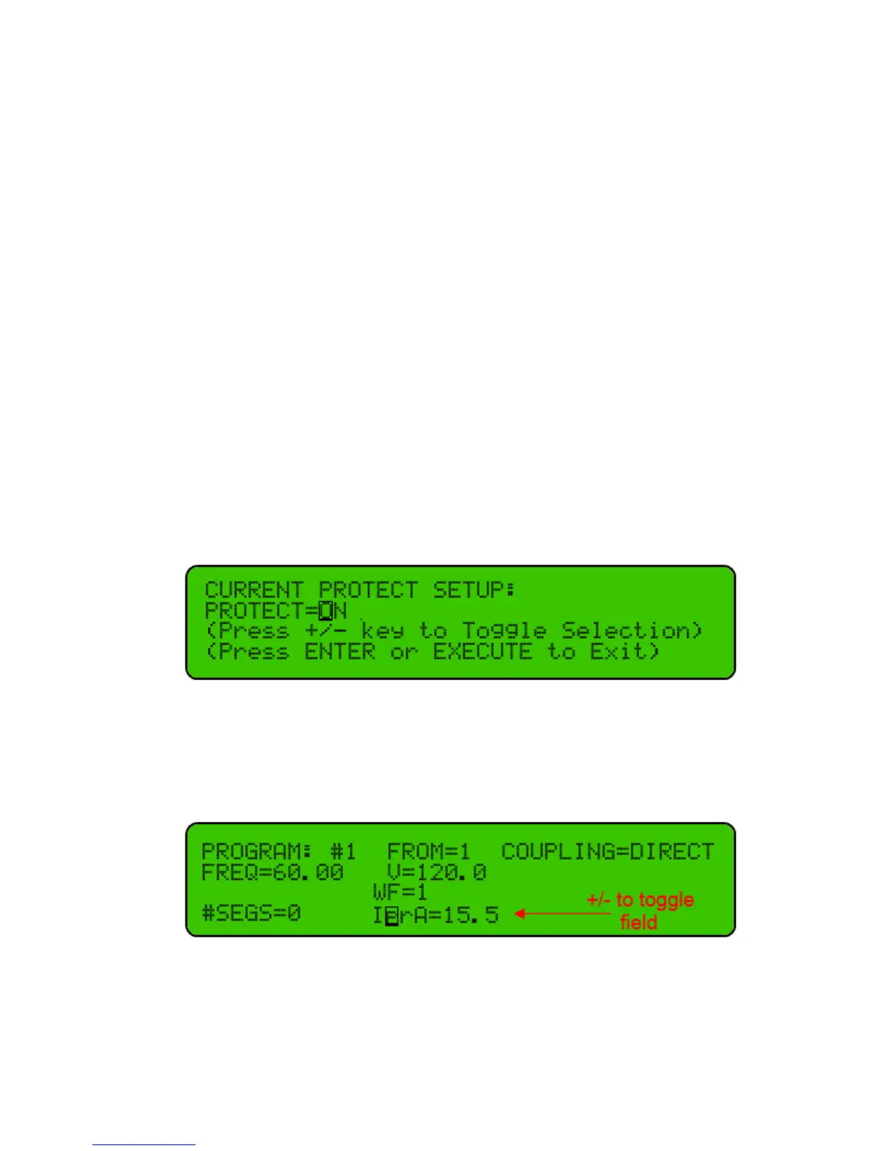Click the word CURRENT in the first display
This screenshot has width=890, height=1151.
[254, 589]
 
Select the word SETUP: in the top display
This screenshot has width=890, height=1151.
[474, 589]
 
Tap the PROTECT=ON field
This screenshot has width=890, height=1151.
[276, 610]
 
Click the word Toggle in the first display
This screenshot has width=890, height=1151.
[504, 631]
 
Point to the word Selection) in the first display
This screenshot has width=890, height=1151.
[632, 631]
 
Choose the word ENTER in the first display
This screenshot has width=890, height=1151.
[339, 651]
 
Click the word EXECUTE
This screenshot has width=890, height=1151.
[482, 651]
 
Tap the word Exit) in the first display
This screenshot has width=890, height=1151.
[624, 651]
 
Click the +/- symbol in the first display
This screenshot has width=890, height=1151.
[325, 631]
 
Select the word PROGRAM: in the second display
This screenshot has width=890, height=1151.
[256, 851]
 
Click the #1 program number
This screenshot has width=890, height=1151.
[342, 851]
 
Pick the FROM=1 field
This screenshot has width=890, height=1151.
[428, 851]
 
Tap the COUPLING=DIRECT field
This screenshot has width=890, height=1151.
[608, 851]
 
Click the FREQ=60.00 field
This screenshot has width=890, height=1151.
[272, 872]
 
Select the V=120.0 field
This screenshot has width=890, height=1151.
[436, 872]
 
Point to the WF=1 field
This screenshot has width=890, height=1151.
[400, 892]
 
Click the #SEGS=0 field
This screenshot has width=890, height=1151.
[251, 913]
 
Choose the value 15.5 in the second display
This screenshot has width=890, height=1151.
[470, 914]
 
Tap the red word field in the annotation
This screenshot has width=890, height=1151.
[638, 922]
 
